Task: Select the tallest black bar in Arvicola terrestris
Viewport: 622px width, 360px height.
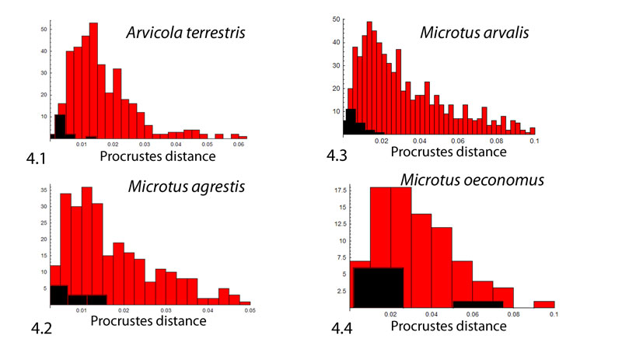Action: pos(60,126)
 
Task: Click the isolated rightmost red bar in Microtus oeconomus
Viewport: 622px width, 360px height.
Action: pos(544,304)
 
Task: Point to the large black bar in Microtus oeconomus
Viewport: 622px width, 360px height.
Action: pos(379,287)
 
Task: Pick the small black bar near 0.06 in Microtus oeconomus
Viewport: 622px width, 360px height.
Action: pos(478,304)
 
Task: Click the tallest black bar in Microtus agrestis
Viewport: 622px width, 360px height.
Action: pos(59,294)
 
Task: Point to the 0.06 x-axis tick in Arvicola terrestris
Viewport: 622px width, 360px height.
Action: pos(239,144)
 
